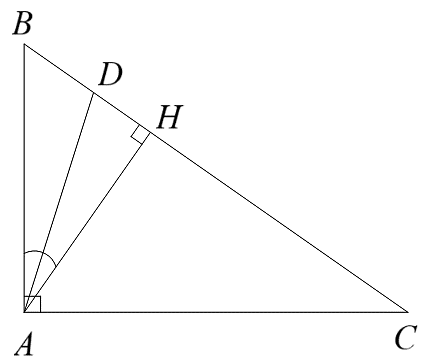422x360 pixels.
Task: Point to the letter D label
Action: click(110, 73)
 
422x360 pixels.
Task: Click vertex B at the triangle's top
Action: click(24, 45)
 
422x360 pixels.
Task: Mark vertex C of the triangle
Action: click(408, 311)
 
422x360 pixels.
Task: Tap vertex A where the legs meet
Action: click(24, 311)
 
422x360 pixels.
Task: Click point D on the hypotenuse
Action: click(93, 93)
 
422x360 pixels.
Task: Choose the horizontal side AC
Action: click(215, 311)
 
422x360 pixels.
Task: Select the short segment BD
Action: click(58, 69)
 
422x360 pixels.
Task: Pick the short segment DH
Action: click(121, 113)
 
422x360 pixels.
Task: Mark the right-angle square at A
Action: click(30, 304)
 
